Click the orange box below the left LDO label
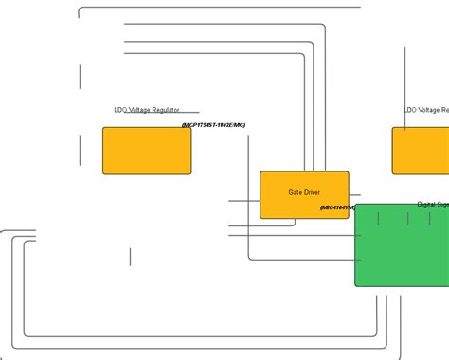pos(147,151)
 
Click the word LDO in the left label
pos(120,110)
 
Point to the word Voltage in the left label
pos(139,110)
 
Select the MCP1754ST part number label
pos(213,125)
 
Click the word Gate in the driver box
pos(295,192)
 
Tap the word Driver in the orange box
pos(312,192)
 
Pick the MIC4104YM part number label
pos(337,207)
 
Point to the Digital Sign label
pos(433,205)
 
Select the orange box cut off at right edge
pos(421,151)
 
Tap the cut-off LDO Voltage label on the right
pos(426,110)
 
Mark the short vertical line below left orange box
pos(130,257)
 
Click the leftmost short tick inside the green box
pos(378,218)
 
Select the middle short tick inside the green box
pos(408,218)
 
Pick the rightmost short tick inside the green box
pos(429,218)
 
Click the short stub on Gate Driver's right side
pos(354,196)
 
